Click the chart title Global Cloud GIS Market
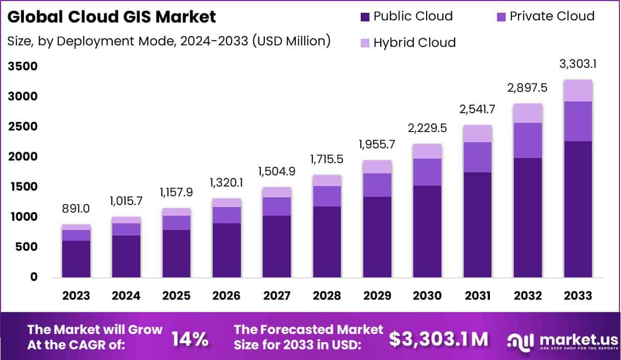[112, 17]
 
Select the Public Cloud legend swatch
[365, 16]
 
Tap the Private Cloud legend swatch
[501, 16]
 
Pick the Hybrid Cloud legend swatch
[365, 42]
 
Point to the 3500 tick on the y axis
[22, 66]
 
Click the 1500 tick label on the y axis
[22, 187]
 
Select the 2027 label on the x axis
[277, 296]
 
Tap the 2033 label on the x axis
[578, 296]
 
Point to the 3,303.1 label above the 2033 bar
[578, 64]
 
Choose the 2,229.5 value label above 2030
[428, 128]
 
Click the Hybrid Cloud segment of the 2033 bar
[578, 91]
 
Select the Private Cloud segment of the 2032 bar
[528, 140]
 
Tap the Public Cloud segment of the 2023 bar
[76, 259]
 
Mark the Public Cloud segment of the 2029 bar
[377, 237]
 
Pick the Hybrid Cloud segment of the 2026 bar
[227, 202]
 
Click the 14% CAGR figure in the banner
[189, 339]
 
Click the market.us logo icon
[520, 340]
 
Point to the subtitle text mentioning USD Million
[169, 41]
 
